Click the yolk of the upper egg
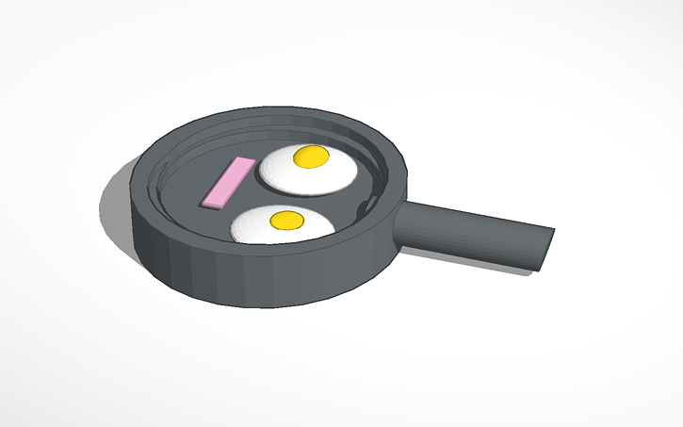pos(311,157)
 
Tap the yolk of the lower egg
pos(286,220)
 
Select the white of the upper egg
pos(334,174)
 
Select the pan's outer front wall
pos(236,278)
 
